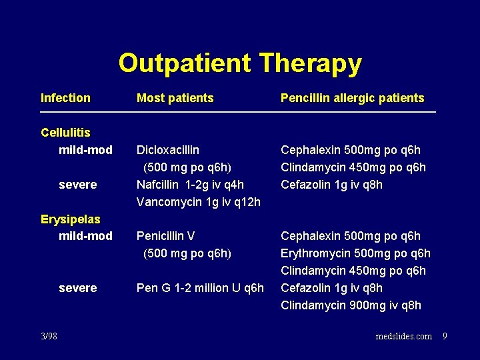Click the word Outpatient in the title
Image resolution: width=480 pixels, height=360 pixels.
(185, 64)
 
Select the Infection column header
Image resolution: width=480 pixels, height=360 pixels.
(65, 98)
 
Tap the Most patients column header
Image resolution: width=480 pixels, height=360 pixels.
(175, 98)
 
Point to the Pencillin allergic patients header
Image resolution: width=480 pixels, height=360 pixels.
(352, 98)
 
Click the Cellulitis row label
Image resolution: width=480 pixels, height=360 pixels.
(65, 133)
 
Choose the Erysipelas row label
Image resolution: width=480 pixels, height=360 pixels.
(70, 219)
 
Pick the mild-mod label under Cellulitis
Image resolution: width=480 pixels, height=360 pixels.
(85, 150)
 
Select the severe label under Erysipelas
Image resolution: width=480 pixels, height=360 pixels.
(77, 288)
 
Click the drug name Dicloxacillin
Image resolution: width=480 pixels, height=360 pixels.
(167, 150)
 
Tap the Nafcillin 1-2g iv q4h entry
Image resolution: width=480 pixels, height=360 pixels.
(190, 185)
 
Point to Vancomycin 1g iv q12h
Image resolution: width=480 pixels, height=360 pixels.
(198, 202)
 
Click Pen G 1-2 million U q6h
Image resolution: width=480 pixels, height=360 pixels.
(200, 288)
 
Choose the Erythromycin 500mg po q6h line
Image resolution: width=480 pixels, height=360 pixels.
(355, 253)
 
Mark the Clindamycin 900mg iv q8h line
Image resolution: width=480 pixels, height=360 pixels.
(351, 305)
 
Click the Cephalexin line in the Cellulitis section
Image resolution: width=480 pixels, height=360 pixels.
(350, 150)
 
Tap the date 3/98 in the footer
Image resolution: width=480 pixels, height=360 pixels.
(49, 336)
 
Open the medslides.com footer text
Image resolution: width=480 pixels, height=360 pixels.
(403, 336)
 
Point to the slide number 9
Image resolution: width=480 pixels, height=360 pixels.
(445, 336)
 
